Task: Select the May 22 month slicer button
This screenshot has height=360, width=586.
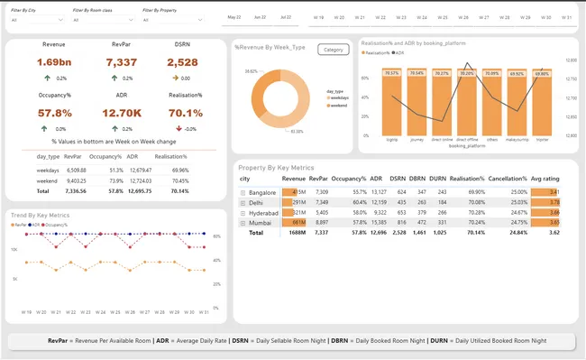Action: (x=234, y=17)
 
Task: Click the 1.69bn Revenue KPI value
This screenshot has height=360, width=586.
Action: (x=53, y=62)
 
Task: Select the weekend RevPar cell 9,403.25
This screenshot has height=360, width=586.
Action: (x=77, y=180)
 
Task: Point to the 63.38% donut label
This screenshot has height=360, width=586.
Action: (x=296, y=132)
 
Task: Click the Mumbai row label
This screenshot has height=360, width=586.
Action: (x=261, y=221)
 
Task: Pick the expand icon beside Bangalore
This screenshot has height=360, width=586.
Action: (x=243, y=192)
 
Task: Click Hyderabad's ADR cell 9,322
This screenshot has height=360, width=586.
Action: (x=379, y=212)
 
